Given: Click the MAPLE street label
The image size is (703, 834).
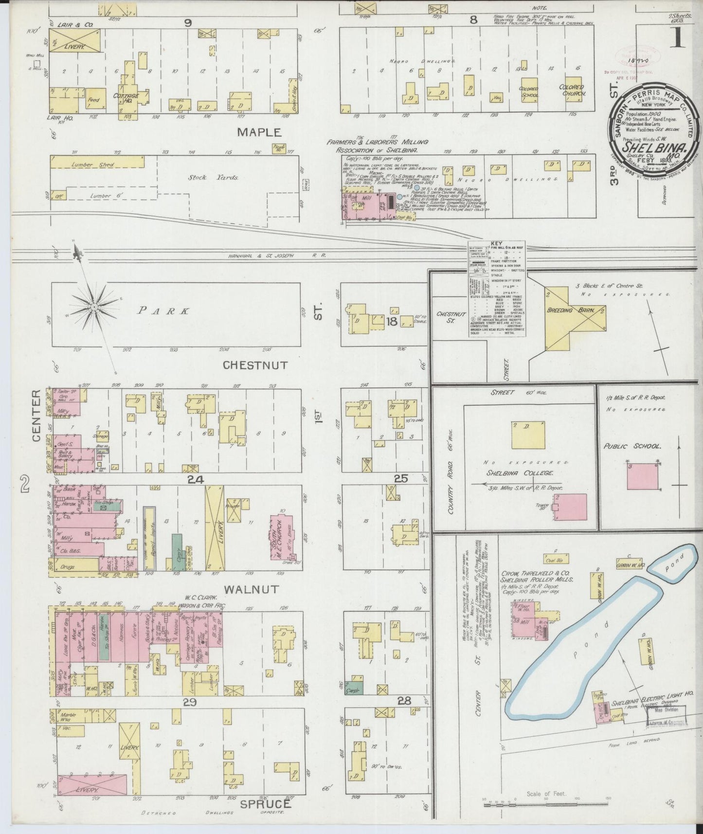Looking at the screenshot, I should pyautogui.click(x=259, y=132).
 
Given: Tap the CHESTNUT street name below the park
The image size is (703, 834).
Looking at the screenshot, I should pyautogui.click(x=255, y=365).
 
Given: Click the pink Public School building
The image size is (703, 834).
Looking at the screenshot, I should pyautogui.click(x=644, y=475).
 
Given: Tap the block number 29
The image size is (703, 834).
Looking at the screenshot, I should pyautogui.click(x=189, y=701).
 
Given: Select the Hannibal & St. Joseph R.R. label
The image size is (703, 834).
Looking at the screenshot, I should pyautogui.click(x=276, y=255).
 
